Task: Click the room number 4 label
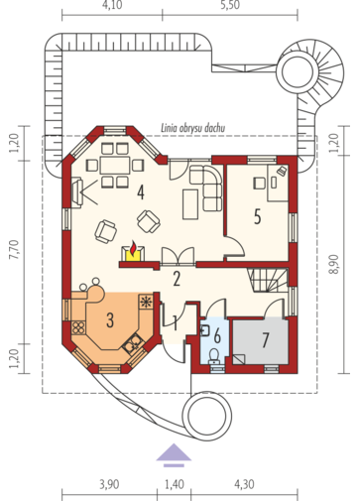(141, 192)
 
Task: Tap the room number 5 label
(257, 217)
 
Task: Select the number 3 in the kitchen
(110, 319)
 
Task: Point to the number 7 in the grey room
(265, 340)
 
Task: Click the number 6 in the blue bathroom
(217, 336)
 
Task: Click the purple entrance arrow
(174, 455)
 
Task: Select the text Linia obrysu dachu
(193, 128)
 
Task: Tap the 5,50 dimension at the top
(230, 5)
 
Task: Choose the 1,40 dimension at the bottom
(175, 484)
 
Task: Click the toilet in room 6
(215, 356)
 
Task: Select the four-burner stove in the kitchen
(78, 327)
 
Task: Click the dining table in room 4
(115, 165)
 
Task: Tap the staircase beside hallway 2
(268, 280)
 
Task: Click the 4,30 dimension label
(244, 484)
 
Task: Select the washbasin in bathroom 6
(205, 330)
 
